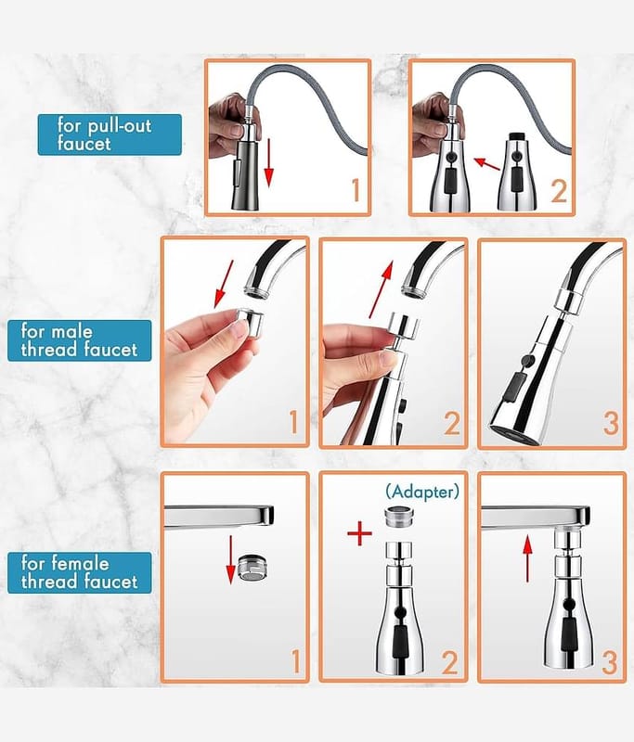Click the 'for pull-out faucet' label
point(110,134)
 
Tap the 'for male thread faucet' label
point(79,340)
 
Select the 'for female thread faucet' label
point(79,572)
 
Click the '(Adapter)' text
point(422,493)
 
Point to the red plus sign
point(360,534)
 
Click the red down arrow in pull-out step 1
point(268,162)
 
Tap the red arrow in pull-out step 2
point(486,164)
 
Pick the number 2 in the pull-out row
point(559,191)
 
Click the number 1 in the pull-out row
point(356,190)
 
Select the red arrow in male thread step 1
point(224,284)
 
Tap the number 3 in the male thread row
point(610,423)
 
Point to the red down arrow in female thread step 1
point(230,560)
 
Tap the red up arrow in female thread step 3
point(527,561)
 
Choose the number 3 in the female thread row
point(609,662)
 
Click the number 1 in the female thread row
point(295,661)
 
